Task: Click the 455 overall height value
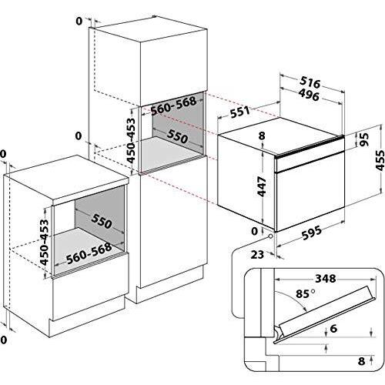tap(377, 162)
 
